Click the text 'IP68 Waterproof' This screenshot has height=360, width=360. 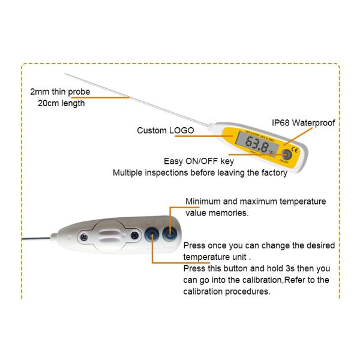click(x=303, y=123)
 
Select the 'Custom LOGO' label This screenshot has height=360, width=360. click(x=166, y=130)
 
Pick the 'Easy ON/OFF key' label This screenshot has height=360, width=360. click(x=195, y=161)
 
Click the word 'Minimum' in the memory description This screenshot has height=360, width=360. click(x=203, y=201)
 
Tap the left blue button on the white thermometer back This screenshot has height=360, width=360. click(x=152, y=233)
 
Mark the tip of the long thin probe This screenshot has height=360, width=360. click(x=65, y=74)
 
